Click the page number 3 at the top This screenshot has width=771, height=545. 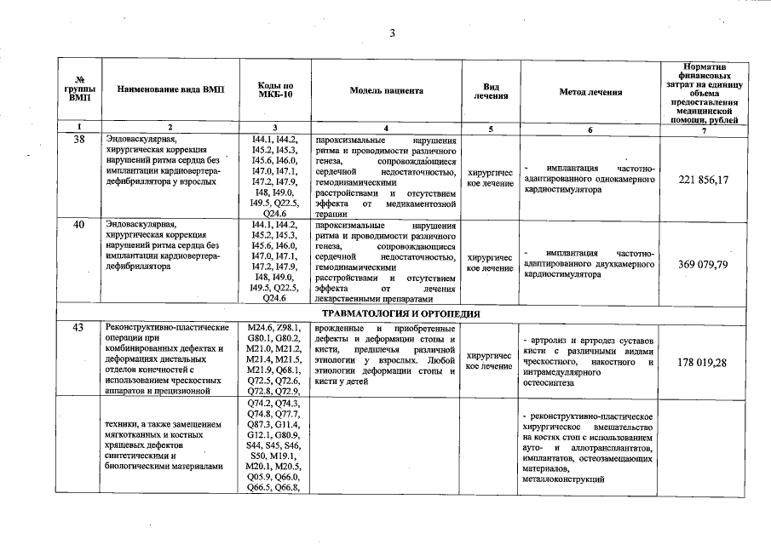point(392,33)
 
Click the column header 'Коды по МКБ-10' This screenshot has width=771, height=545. point(275,91)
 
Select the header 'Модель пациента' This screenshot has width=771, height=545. point(386,91)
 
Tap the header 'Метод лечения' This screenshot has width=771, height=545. point(590,92)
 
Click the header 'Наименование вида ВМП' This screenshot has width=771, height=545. point(170,91)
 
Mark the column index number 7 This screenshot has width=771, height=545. point(704,129)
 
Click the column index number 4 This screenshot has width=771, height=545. point(386,129)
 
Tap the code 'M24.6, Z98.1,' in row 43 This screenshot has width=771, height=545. point(275,328)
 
